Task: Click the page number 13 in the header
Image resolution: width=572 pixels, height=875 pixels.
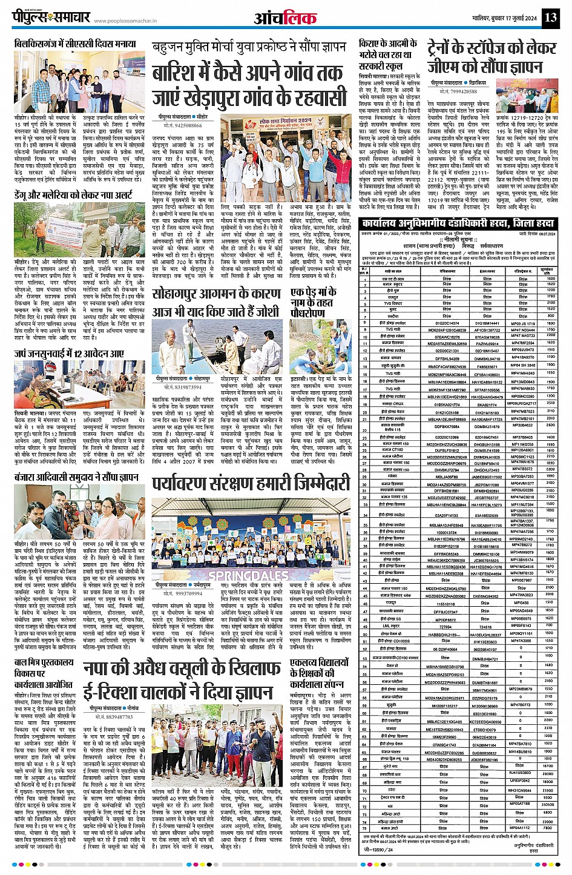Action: (x=550, y=17)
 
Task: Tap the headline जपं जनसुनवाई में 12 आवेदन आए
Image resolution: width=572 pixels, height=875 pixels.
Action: (x=70, y=353)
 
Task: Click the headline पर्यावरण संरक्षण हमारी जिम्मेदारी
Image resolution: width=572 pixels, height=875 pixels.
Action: (x=251, y=483)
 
